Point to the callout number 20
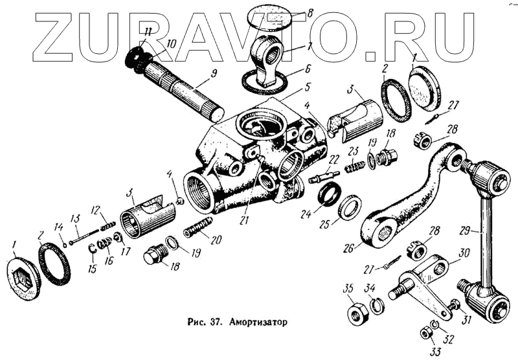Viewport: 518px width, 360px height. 216,240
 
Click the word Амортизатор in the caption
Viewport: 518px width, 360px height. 258,321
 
